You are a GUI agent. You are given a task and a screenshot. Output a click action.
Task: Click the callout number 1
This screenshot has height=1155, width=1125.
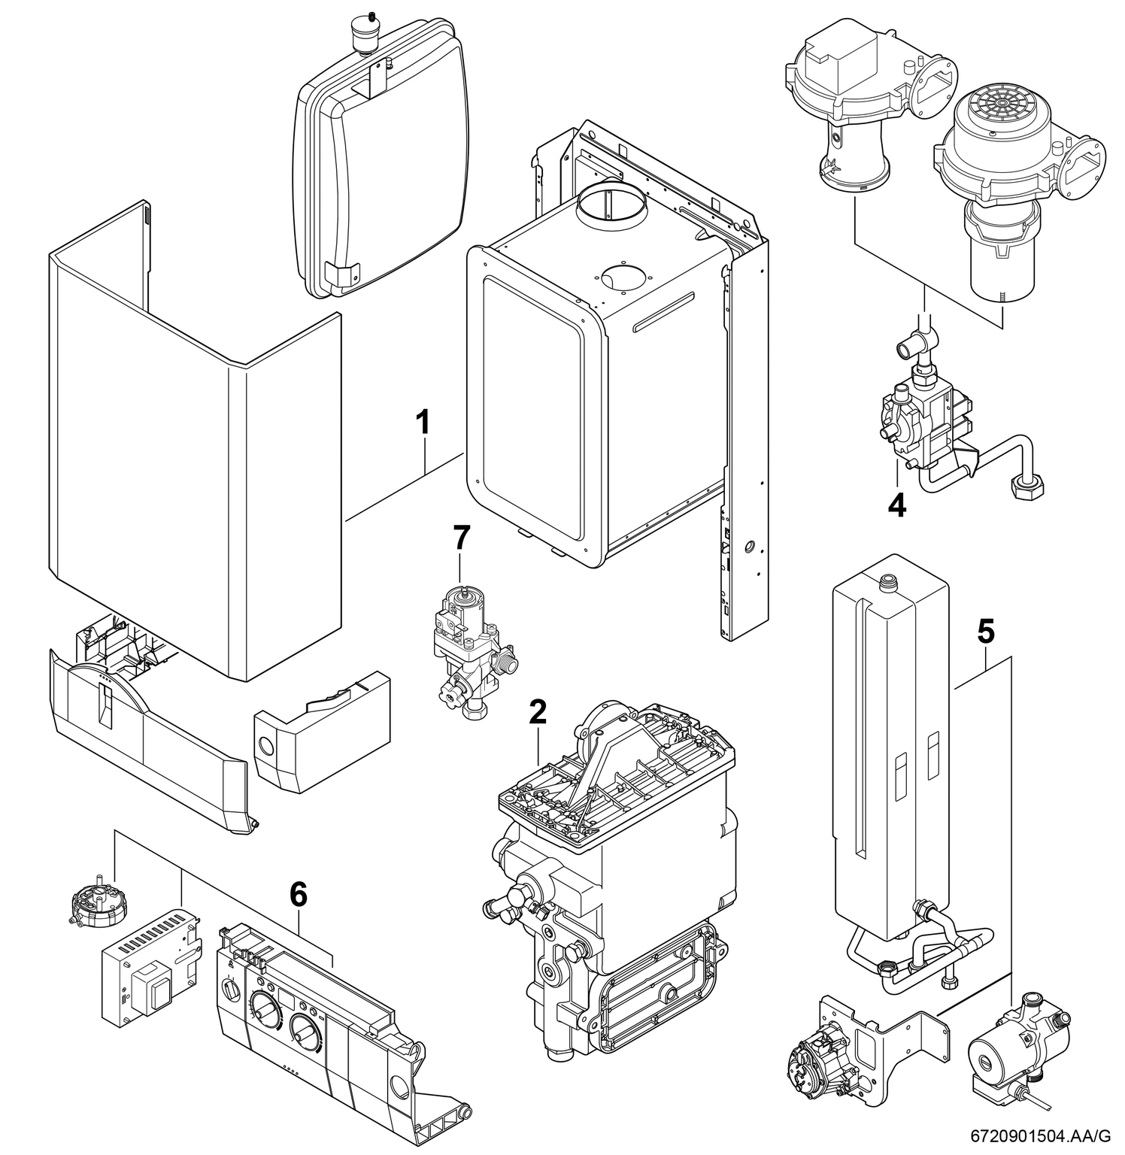pos(425,423)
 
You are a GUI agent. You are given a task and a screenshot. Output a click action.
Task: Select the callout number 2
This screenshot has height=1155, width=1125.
pos(537,712)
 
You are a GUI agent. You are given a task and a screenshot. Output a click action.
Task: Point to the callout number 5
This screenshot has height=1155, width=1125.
pos(985,632)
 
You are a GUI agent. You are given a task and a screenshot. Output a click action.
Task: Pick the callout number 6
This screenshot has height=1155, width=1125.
pos(299,894)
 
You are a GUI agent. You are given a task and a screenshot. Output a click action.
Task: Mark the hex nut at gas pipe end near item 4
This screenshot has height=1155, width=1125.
pos(1024,493)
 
